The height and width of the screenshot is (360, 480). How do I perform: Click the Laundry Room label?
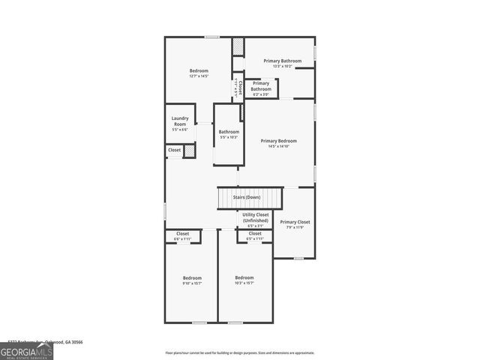pos(180,121)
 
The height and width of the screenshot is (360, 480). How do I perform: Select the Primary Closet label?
pos(295,222)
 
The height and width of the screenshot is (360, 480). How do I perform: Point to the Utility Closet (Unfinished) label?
pos(255,217)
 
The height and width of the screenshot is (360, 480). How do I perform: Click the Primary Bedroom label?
pos(278,141)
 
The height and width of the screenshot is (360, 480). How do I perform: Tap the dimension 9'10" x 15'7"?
pos(191,283)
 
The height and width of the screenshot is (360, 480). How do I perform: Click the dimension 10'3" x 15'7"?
pos(244,283)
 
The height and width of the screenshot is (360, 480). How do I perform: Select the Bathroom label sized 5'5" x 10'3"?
pos(229,133)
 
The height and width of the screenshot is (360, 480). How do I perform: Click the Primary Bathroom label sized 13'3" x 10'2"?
pos(282,61)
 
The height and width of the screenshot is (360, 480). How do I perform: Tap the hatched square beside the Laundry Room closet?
pos(190,151)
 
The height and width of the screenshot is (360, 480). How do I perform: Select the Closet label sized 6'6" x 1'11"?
pos(183,234)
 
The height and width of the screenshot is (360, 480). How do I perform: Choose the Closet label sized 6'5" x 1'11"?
pos(255,234)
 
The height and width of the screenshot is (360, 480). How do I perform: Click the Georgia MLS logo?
pos(26,350)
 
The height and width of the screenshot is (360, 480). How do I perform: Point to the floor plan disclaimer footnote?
pos(240,352)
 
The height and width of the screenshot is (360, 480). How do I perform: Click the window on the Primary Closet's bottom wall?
pos(298,258)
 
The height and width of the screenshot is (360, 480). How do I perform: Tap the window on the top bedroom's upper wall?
pos(212,37)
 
